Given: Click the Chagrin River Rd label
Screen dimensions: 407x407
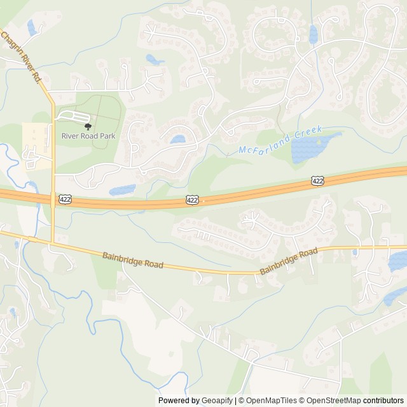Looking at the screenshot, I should pos(21,57).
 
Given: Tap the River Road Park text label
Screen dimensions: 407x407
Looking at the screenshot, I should pos(88,135).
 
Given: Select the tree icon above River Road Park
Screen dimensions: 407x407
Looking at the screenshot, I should pos(88,127).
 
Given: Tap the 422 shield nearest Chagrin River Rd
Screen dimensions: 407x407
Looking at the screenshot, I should pos(64,200).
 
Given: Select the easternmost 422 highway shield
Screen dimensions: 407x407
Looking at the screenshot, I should pos(318,181).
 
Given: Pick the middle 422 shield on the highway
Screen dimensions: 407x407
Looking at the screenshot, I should pos(192,200).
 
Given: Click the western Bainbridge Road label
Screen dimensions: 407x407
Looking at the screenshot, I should pos(132,259).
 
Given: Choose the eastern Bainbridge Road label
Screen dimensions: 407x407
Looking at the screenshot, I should pos(288,261).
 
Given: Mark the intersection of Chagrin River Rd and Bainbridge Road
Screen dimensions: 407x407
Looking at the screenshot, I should pos(52,241).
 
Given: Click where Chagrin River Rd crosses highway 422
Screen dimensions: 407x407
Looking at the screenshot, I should pos(52,199).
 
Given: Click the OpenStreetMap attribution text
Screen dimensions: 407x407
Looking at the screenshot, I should pos(331,401).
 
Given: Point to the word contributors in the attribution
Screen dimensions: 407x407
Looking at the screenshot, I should pos(383,401).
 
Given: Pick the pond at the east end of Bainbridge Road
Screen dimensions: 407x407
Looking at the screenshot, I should pos(397,260).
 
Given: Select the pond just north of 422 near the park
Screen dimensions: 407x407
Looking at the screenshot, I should pos(123,190).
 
